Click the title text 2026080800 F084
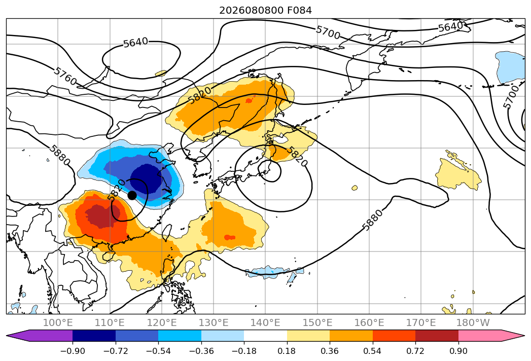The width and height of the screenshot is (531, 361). tap(266, 10)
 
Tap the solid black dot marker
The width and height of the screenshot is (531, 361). tap(132, 195)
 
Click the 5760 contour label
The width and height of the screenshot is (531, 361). tap(65, 76)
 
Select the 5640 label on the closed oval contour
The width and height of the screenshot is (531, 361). tap(135, 42)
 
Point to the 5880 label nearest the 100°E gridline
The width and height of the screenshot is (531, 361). tap(59, 156)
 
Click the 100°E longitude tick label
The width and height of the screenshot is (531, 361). tap(58, 322)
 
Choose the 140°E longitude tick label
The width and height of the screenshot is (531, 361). tap(265, 322)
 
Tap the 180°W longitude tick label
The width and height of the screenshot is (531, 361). tap(473, 322)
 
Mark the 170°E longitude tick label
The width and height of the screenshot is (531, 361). tap(420, 322)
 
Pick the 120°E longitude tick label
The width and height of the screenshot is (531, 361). tap(162, 322)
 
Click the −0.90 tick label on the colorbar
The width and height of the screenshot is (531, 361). tap(73, 351)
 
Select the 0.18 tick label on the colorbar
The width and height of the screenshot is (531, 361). tap(287, 351)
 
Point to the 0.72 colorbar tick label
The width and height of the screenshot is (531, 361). tap(415, 351)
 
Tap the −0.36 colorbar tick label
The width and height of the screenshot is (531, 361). tap(201, 351)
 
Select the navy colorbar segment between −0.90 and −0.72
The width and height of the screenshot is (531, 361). tap(94, 336)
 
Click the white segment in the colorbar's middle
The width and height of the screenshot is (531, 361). tap(265, 336)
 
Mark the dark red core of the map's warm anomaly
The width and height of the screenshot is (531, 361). tap(100, 216)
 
